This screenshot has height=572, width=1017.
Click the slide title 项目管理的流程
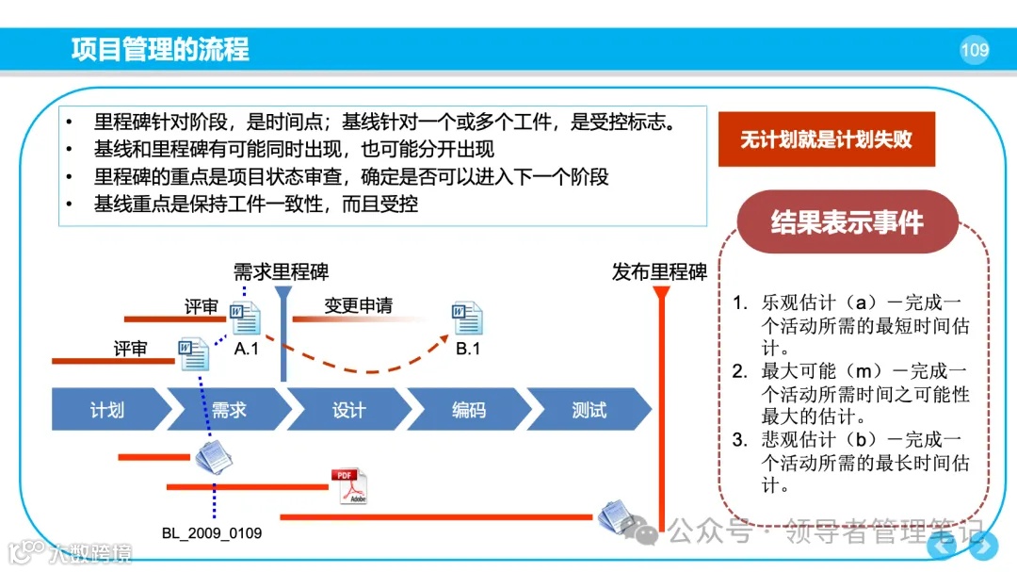[160, 49]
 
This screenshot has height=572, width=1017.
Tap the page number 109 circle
[975, 50]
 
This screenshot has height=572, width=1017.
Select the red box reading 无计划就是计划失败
[826, 139]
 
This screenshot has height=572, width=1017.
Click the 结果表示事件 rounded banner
[847, 222]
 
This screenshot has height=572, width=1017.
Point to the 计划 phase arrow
[108, 410]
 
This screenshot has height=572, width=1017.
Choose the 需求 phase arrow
[229, 410]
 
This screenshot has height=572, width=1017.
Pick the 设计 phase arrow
[349, 410]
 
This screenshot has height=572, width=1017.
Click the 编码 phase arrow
[469, 410]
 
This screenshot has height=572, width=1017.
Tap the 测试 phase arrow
[589, 410]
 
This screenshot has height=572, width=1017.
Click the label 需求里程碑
[282, 273]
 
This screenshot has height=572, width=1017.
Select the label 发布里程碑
[659, 273]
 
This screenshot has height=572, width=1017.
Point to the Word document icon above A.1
[246, 319]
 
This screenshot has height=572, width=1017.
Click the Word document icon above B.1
[467, 319]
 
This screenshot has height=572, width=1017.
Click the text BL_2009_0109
[212, 533]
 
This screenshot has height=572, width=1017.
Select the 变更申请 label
[358, 305]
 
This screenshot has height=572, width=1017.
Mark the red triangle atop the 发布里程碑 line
[661, 293]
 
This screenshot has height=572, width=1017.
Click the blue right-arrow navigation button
[984, 546]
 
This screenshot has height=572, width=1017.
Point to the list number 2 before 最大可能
[739, 371]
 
